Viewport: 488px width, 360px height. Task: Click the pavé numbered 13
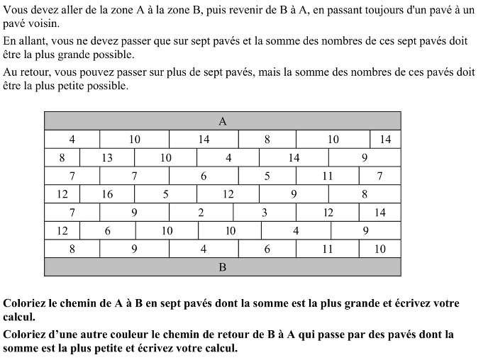pos(107,158)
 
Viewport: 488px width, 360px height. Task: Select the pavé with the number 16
pos(107,194)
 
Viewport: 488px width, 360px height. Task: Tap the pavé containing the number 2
pos(201,213)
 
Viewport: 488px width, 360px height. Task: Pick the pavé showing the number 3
pos(264,213)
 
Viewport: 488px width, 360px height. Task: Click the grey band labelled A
pos(223,121)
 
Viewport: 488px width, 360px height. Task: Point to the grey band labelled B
pos(223,267)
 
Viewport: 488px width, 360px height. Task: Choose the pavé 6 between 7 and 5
pos(204,176)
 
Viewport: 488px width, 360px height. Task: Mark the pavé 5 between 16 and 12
pos(165,194)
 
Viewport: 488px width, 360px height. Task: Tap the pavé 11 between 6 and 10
pos(327,249)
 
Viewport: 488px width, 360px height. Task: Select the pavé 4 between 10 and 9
pos(296,230)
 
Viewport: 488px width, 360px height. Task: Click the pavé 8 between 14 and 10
pos(267,140)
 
